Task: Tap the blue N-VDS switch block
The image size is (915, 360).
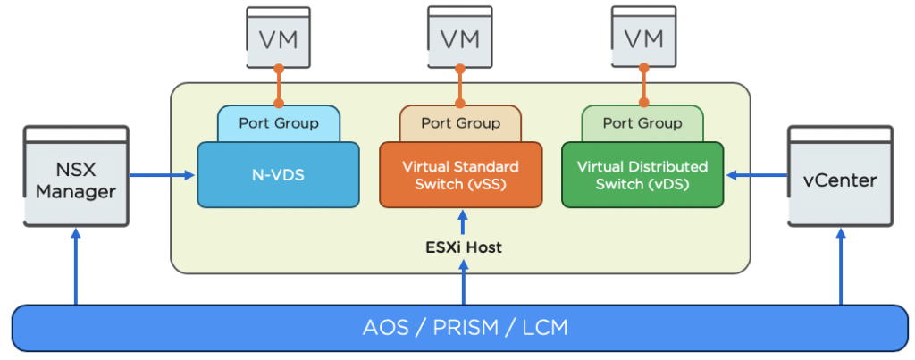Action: point(278,174)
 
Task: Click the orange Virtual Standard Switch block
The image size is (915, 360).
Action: point(460,174)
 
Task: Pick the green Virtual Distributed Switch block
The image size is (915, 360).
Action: point(642,174)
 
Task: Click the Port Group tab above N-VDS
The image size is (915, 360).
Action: point(278,123)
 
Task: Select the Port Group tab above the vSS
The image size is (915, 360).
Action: point(460,123)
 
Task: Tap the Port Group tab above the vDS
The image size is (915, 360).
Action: point(642,123)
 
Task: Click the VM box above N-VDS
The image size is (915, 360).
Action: point(278,38)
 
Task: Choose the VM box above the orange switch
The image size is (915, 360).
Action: point(460,38)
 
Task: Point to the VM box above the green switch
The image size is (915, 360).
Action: point(642,38)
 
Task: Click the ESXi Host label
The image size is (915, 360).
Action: point(463,247)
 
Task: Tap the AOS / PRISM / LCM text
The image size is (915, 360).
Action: point(465,328)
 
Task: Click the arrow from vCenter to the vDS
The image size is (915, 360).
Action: point(756,175)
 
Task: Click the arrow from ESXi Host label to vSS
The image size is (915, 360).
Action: point(463,222)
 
